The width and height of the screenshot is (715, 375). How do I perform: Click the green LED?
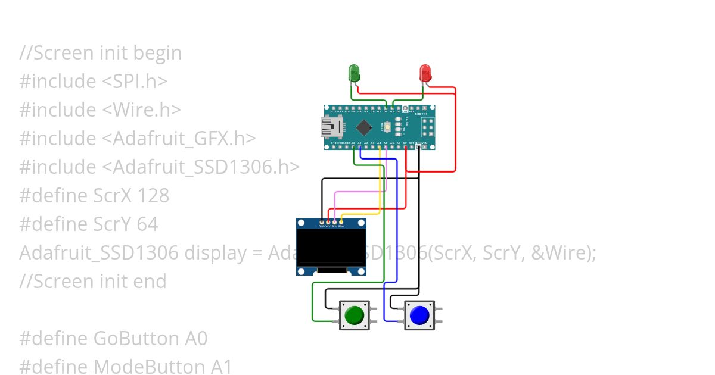click(355, 74)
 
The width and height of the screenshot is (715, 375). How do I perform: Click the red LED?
click(425, 74)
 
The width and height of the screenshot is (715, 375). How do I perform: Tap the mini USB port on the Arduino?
click(329, 127)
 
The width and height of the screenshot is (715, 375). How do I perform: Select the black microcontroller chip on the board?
click(364, 127)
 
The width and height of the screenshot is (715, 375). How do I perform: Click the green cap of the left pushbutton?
click(355, 314)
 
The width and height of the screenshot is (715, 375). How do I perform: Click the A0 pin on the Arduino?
click(353, 146)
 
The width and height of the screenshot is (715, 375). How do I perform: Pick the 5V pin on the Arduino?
click(405, 146)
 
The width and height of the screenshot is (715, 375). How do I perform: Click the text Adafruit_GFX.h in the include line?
click(179, 139)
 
